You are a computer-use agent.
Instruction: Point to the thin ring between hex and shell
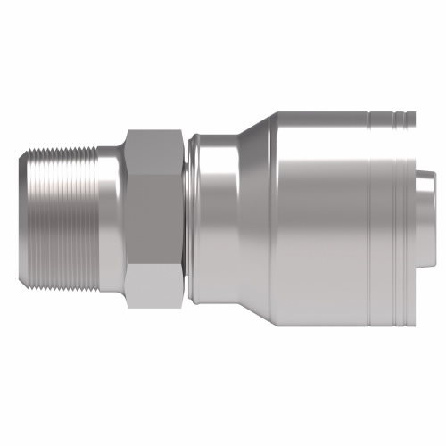[187, 219]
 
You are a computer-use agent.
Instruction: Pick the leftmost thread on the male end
[33, 219]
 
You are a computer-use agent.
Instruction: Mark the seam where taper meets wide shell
[277, 219]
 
